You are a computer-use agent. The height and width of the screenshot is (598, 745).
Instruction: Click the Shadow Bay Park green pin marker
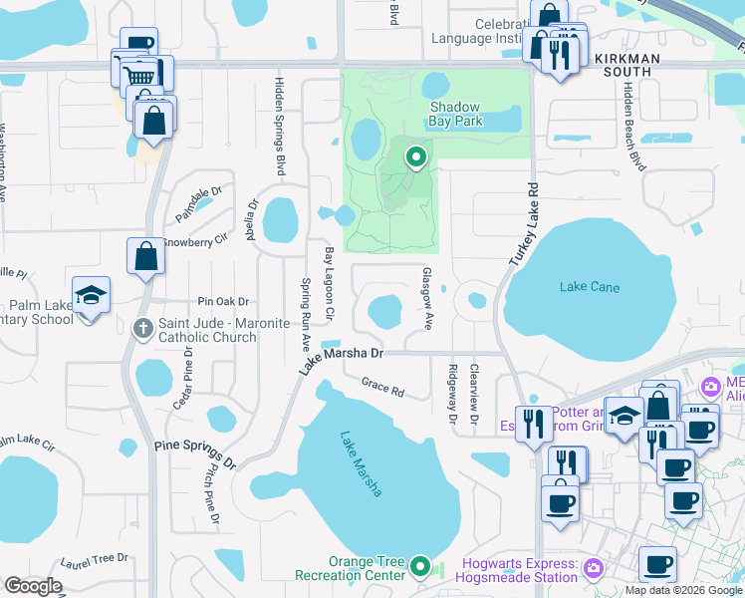tap(414, 156)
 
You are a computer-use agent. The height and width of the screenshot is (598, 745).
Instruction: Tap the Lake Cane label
tap(589, 288)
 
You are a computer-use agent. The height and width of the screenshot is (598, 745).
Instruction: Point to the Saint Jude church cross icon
tap(144, 326)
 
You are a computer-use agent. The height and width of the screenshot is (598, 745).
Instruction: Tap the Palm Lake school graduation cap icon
tap(91, 296)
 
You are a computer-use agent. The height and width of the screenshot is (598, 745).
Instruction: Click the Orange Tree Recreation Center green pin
tap(420, 568)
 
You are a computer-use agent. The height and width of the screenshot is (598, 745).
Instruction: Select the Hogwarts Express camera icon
tap(595, 568)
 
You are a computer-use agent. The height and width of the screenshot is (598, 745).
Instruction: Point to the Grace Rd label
tap(382, 388)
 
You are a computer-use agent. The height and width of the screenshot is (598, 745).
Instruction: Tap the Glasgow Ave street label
tap(427, 298)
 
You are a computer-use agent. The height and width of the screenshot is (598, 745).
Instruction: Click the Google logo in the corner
tap(33, 585)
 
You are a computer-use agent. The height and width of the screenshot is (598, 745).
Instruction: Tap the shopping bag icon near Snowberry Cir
tap(146, 256)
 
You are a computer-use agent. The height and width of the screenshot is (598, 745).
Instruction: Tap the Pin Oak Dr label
tap(222, 301)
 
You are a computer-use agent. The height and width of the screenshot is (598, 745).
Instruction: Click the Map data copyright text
tap(683, 590)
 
